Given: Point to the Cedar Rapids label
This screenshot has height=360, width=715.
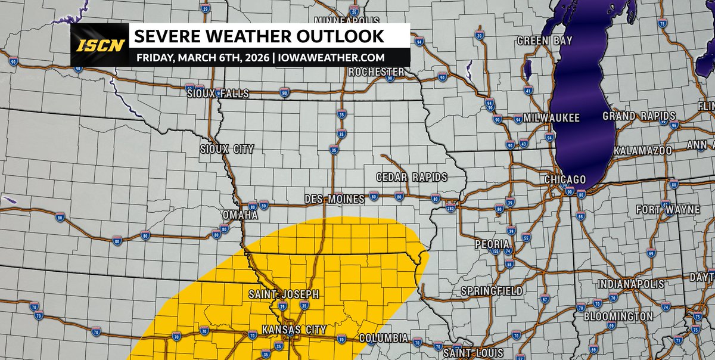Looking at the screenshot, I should [412, 178].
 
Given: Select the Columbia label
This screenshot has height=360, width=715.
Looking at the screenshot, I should [384, 338].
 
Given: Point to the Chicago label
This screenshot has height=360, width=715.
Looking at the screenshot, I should [565, 179].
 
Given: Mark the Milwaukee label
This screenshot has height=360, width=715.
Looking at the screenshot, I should [552, 118].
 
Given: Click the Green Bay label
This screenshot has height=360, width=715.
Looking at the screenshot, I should [545, 41].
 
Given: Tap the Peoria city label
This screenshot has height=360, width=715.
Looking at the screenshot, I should [492, 244].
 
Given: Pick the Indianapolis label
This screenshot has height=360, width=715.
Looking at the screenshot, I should [630, 283].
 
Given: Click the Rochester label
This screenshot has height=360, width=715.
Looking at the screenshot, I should [377, 72].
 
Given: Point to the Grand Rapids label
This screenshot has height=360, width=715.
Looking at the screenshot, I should [639, 116].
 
